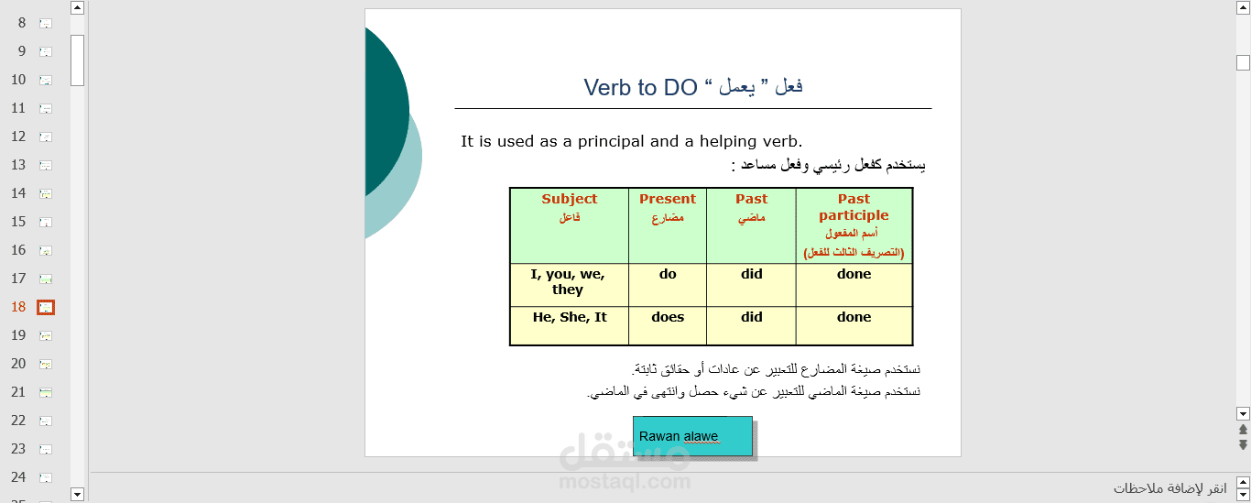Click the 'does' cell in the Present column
tap(668, 326)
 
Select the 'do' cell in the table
tap(668, 285)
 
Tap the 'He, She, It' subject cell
tap(569, 326)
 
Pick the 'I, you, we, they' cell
tap(569, 285)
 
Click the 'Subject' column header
tap(569, 225)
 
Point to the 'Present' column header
tap(668, 225)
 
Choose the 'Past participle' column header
tap(854, 225)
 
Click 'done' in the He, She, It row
tap(854, 326)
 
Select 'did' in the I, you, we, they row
tap(751, 285)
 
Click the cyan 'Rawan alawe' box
tap(692, 436)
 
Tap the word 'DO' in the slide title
tap(680, 88)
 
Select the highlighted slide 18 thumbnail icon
tap(46, 308)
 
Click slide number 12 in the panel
tap(18, 137)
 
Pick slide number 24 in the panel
tap(18, 477)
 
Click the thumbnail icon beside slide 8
tap(46, 24)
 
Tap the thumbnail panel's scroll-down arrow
tap(77, 494)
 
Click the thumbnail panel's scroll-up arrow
tap(77, 8)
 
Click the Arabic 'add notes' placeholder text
tap(1170, 488)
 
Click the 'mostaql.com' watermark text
tap(625, 481)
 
